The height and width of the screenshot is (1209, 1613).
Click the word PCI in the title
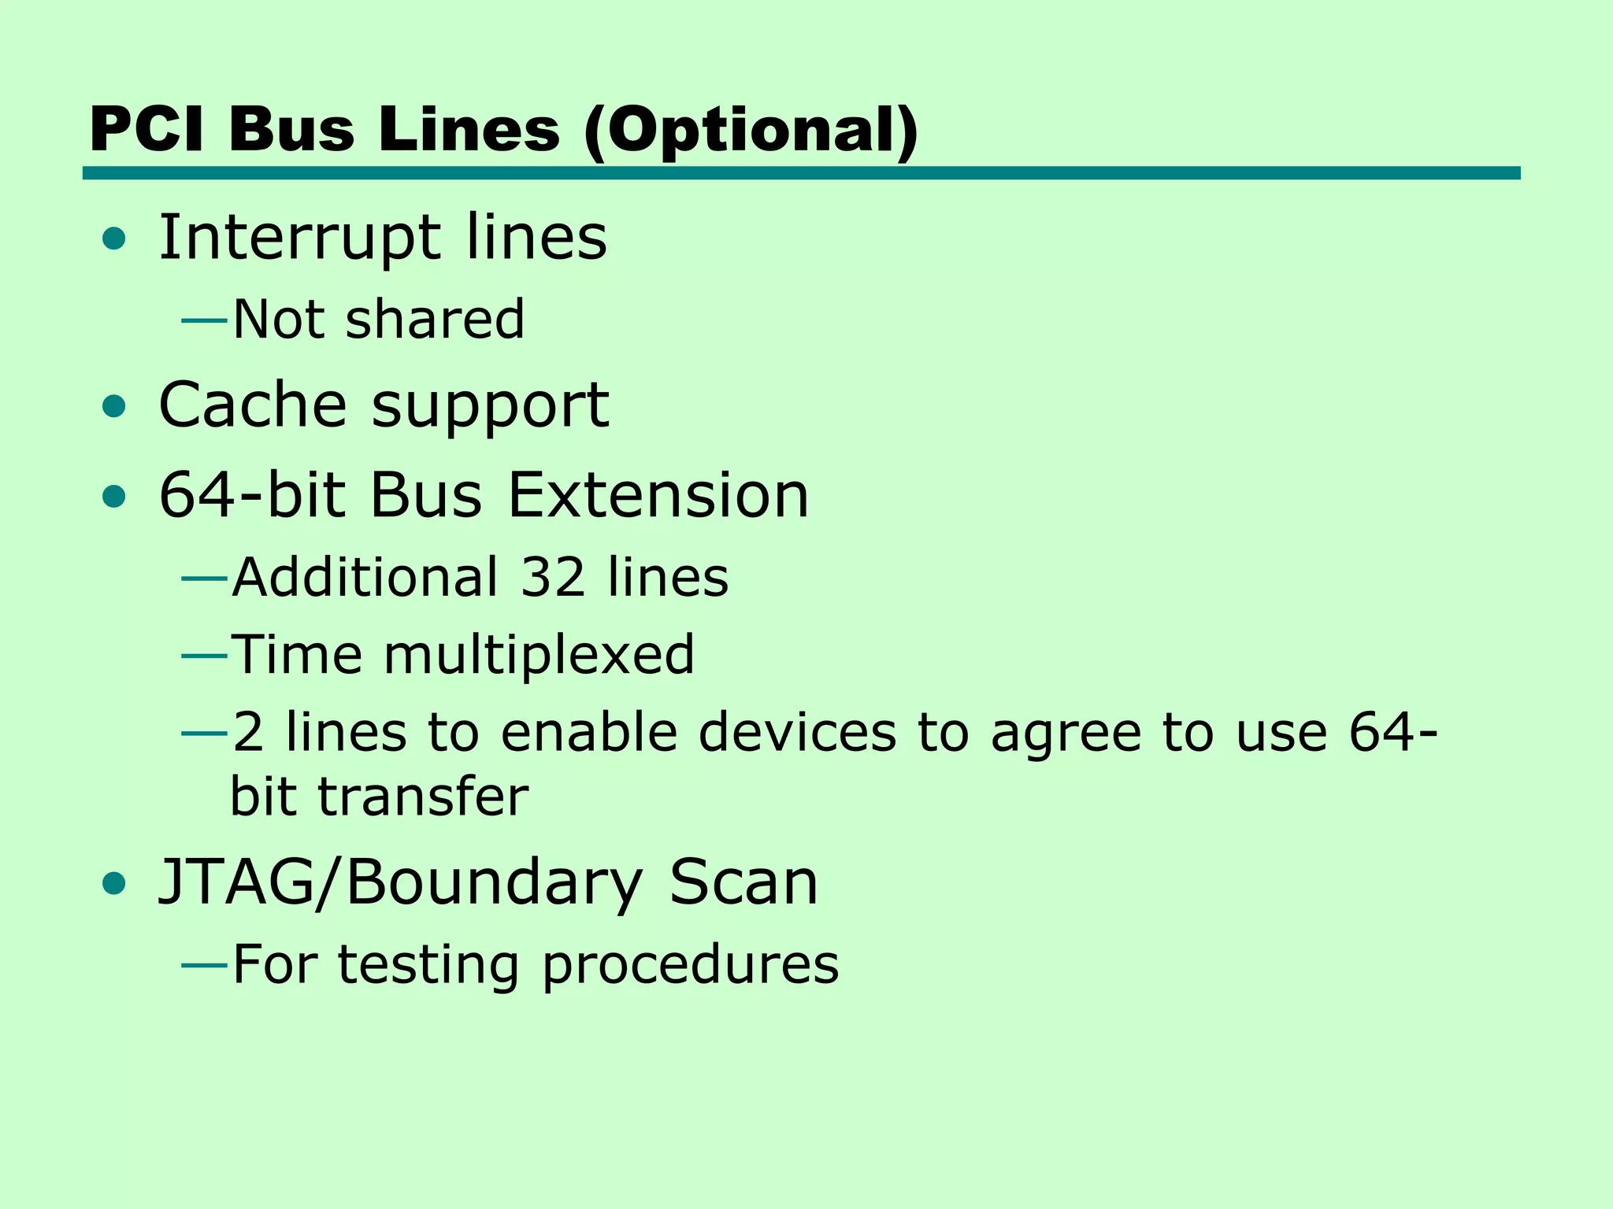click(x=146, y=130)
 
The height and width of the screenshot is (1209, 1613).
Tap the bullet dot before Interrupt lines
click(x=114, y=238)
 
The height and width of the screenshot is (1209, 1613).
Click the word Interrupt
click(x=300, y=238)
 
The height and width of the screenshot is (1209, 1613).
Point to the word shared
click(x=435, y=320)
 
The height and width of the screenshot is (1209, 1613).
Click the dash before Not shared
click(x=205, y=320)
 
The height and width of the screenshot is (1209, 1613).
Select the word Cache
click(x=252, y=405)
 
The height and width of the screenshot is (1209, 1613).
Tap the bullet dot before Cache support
click(x=114, y=407)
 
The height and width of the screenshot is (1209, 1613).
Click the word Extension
click(x=658, y=496)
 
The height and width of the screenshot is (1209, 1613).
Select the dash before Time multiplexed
click(x=205, y=655)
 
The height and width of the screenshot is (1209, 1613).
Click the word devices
click(x=797, y=733)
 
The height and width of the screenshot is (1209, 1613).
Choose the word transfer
click(x=424, y=797)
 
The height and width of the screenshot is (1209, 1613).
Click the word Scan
click(x=743, y=882)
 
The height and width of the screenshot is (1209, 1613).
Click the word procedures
click(x=691, y=966)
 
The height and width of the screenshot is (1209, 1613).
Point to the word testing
click(x=428, y=966)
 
